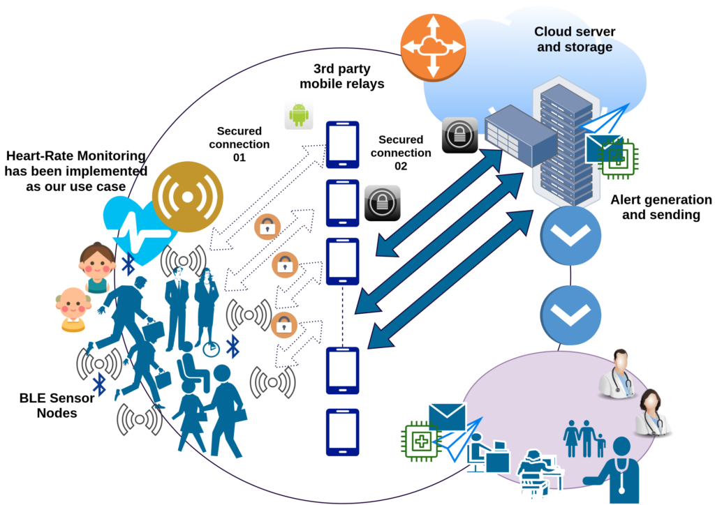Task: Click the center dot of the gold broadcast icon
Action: pos(187,197)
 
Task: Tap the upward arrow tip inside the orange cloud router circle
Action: pos(433,17)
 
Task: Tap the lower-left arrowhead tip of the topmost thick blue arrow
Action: pos(376,255)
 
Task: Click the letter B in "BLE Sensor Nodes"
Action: pos(24,398)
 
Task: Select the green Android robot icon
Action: pos(299,115)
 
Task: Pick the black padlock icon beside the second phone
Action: pos(382,203)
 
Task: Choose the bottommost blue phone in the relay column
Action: pos(342,432)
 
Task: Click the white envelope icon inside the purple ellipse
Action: pos(448,416)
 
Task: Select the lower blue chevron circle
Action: pos(570,315)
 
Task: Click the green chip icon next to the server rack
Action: pos(619,158)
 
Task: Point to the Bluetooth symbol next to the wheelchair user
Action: pos(233,347)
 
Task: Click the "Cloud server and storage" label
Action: pos(575,39)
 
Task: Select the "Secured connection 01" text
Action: pos(239,144)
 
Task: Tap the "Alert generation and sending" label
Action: pos(661,207)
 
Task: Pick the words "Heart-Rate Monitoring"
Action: pos(76,156)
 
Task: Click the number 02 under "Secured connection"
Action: pos(401,166)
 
